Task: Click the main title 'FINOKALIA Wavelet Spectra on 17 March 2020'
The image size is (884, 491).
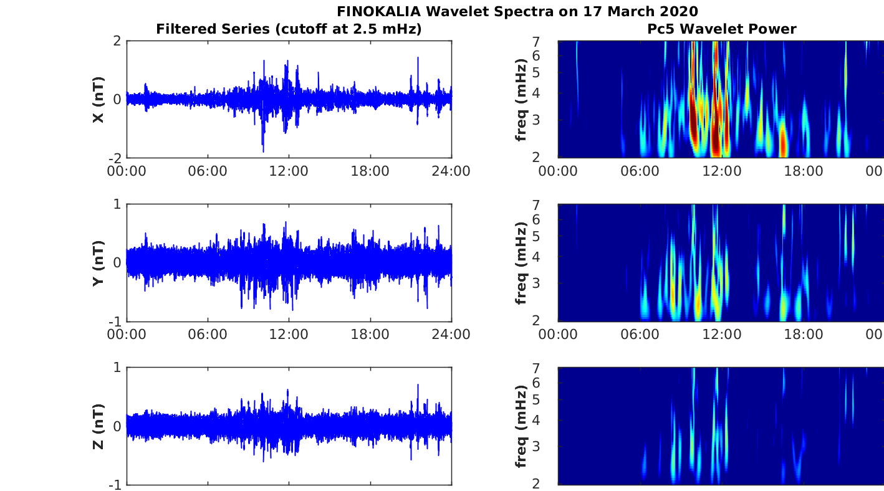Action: [517, 11]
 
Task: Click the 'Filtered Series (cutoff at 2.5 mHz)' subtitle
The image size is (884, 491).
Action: [289, 29]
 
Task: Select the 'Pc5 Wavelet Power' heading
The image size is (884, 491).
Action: [721, 29]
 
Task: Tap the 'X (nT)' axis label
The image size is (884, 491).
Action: [98, 100]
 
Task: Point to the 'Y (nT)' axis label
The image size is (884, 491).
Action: [98, 263]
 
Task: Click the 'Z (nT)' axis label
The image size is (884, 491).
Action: [98, 426]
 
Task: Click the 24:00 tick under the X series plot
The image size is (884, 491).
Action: [451, 171]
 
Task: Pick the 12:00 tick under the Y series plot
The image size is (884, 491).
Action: [289, 335]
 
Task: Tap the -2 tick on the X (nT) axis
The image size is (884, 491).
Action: [115, 158]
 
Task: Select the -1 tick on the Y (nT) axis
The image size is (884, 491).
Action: [115, 321]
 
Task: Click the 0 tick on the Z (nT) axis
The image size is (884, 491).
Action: [117, 426]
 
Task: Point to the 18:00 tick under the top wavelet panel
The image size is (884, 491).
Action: [803, 171]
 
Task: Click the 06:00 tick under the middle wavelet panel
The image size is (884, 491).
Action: [640, 335]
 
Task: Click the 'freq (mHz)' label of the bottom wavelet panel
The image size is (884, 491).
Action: [521, 426]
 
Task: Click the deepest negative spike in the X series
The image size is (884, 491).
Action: [263, 151]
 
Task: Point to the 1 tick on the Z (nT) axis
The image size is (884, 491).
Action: [117, 368]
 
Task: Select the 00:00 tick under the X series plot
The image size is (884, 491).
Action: [127, 171]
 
